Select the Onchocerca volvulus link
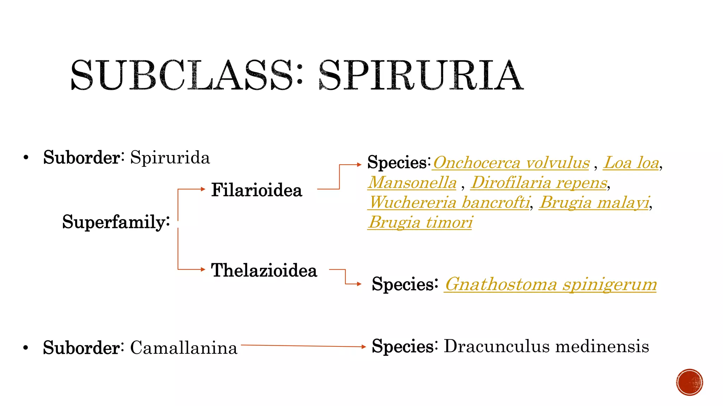pos(511,163)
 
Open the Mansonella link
pos(412,183)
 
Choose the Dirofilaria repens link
pos(539,183)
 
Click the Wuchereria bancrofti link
pos(449,203)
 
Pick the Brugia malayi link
pos(594,203)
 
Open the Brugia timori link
pos(420,222)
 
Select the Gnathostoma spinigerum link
pos(550,284)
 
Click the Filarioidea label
pos(257,190)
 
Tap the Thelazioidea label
pos(264,270)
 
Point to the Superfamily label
pos(116,222)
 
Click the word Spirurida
pos(170,158)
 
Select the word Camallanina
pos(184,348)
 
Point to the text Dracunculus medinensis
pos(546,346)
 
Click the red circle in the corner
pos(689,382)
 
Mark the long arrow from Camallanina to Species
pos(304,346)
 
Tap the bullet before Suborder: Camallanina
pos(26,348)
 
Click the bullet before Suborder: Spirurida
pos(26,158)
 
